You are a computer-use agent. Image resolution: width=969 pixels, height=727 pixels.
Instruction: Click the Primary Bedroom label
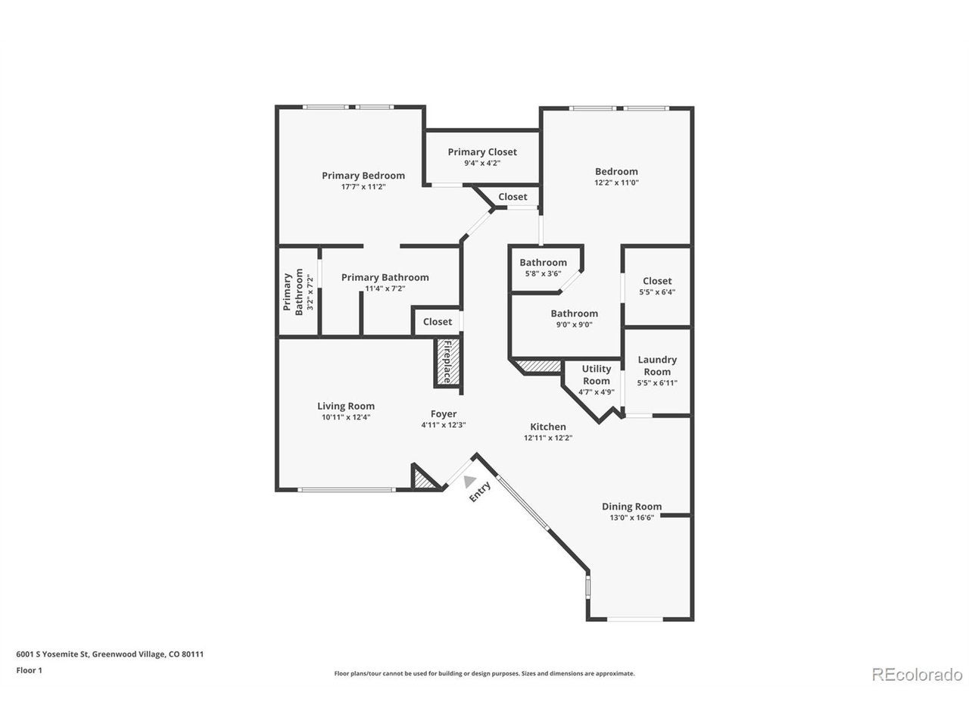(x=363, y=176)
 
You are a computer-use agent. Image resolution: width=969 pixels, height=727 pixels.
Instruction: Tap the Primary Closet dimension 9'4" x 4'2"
(x=481, y=163)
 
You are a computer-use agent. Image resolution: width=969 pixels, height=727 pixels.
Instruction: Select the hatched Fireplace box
(x=447, y=362)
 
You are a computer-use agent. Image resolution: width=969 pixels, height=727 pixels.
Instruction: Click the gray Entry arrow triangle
(x=469, y=481)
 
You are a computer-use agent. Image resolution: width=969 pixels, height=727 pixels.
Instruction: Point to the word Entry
(x=479, y=491)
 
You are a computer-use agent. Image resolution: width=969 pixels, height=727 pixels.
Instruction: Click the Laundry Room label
(x=656, y=366)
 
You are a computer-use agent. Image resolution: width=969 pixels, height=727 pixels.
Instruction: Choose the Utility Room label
(x=596, y=375)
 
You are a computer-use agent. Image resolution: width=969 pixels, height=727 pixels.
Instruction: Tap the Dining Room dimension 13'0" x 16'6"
(x=631, y=517)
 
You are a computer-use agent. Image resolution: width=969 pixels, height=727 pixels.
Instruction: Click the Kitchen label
(x=547, y=427)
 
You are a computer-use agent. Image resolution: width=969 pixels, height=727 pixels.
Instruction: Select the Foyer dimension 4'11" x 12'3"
(x=443, y=425)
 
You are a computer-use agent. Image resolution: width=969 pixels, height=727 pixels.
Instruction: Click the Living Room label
(x=346, y=406)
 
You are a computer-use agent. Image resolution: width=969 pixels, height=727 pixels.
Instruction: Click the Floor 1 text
(x=29, y=670)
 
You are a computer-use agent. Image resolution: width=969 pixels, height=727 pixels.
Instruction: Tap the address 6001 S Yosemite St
(x=52, y=654)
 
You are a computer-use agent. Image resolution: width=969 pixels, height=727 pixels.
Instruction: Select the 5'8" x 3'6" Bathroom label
(x=543, y=263)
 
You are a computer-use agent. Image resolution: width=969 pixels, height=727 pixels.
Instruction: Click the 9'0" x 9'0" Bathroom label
(x=574, y=314)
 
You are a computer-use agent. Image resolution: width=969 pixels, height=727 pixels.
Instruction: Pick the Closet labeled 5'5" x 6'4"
(x=657, y=281)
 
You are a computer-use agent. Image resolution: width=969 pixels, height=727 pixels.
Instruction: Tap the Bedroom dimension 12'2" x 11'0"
(x=616, y=183)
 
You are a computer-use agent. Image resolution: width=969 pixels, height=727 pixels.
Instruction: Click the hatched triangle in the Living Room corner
(x=422, y=480)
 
